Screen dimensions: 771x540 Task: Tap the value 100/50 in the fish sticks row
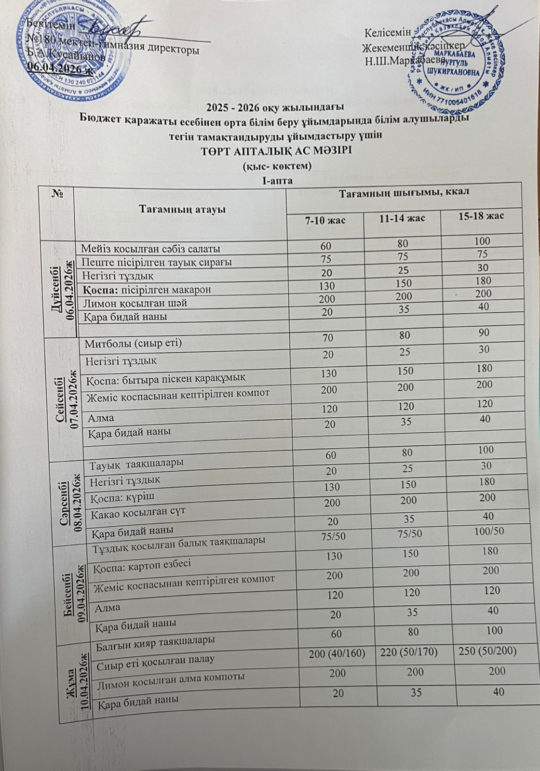pos(488,531)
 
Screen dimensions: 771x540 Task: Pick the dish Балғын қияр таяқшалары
pos(153,641)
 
